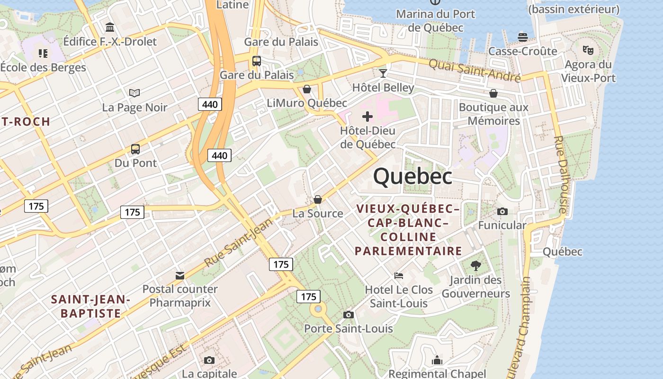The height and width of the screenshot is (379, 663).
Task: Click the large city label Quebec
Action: (412, 177)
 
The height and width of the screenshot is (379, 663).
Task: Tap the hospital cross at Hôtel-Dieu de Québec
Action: (367, 117)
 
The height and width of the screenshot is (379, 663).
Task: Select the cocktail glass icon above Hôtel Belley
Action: (383, 73)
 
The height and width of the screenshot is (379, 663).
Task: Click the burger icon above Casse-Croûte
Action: (523, 37)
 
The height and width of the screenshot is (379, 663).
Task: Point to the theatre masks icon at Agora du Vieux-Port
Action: (588, 49)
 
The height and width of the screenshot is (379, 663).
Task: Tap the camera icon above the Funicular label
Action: (502, 211)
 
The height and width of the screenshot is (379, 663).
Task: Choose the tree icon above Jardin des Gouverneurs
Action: (476, 266)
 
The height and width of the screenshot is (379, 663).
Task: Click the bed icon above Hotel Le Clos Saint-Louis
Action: (399, 275)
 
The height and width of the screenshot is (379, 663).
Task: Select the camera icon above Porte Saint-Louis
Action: (348, 315)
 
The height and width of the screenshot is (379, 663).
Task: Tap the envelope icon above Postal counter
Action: (180, 275)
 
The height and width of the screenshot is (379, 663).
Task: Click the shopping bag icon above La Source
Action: (317, 199)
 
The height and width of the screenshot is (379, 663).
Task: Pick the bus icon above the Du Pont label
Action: (135, 149)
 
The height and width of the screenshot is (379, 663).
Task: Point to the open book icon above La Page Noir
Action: (134, 93)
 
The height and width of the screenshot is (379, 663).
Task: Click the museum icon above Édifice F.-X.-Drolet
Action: (110, 27)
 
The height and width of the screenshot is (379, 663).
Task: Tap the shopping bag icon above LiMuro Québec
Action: (307, 89)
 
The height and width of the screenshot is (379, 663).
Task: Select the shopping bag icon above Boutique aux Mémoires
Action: (493, 93)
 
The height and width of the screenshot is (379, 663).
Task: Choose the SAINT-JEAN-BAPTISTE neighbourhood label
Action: (90, 306)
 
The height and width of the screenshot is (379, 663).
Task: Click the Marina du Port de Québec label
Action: (435, 20)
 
